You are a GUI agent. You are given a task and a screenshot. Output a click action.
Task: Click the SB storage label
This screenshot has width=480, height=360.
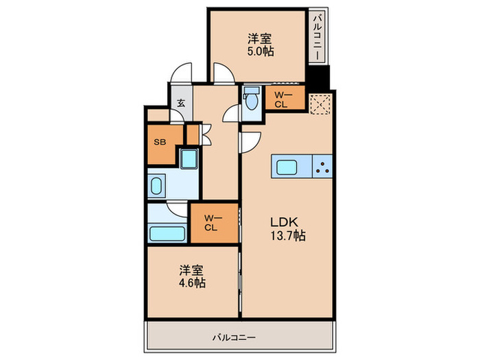tap(160, 142)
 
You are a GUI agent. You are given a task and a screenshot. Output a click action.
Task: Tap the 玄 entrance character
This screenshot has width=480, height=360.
tap(181, 103)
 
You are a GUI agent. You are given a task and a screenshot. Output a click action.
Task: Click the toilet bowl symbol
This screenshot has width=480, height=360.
tap(252, 100)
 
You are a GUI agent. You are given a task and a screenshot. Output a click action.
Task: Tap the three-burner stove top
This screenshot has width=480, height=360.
tap(323, 166)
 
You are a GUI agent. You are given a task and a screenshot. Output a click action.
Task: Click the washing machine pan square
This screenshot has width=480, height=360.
tap(189, 159)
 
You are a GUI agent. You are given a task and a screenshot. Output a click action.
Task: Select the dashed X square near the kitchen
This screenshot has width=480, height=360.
tap(320, 103)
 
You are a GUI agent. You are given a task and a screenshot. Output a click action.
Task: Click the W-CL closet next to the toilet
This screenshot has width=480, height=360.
tap(281, 100)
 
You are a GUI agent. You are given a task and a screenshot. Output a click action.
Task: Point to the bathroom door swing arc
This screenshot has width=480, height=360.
tap(178, 211)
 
